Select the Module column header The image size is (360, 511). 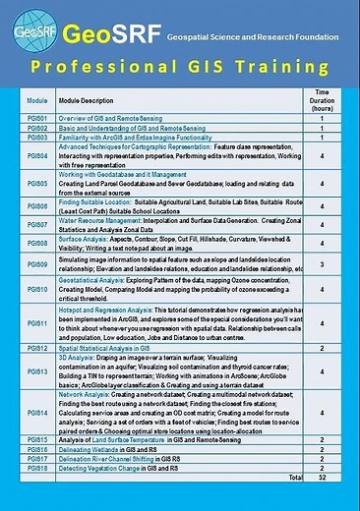coord(37,101)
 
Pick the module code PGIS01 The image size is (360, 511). coord(37,118)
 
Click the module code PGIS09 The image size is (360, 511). coord(37,264)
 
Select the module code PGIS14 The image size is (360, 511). coord(37,414)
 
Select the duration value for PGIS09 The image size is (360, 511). coord(322,264)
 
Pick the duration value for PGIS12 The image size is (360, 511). coord(322,348)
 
